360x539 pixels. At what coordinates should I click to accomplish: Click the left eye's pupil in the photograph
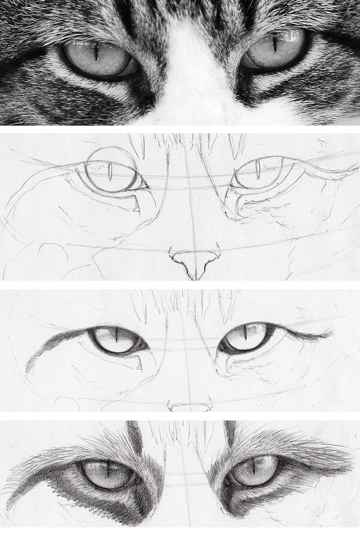[95, 51]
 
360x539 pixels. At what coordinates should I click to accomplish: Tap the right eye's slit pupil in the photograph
[274, 43]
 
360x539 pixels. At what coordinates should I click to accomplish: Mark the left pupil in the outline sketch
[110, 171]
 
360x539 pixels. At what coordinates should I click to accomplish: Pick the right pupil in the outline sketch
[258, 169]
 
